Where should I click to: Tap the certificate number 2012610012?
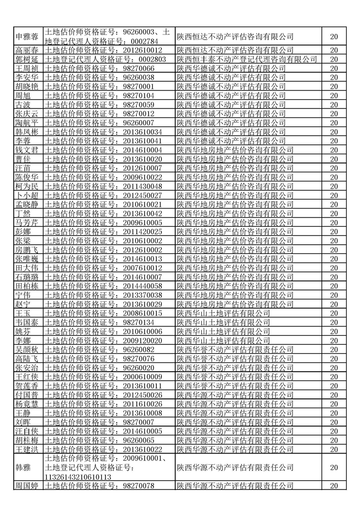141,50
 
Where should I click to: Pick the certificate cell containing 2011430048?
141,186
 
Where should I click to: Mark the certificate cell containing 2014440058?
141,286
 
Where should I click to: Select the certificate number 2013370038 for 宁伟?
141,295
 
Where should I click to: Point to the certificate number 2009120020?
141,340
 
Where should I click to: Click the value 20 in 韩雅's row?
334,468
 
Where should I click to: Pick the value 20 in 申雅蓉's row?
334,37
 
